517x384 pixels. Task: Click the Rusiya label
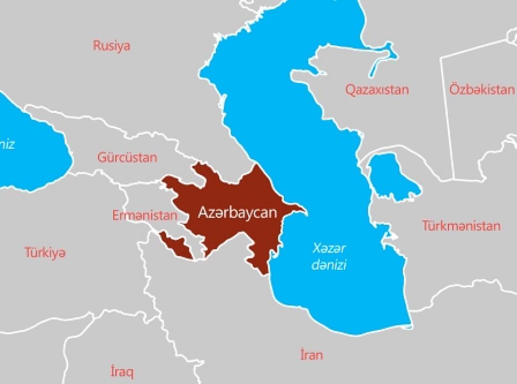pyautogui.click(x=111, y=46)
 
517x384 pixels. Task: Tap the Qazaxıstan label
pyautogui.click(x=377, y=90)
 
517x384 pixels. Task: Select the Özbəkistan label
pyautogui.click(x=482, y=90)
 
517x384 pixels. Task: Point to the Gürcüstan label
pyautogui.click(x=127, y=157)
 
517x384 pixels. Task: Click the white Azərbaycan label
pyautogui.click(x=237, y=212)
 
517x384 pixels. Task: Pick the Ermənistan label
pyautogui.click(x=144, y=216)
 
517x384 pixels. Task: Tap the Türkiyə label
pyautogui.click(x=45, y=252)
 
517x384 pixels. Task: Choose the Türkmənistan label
pyautogui.click(x=461, y=225)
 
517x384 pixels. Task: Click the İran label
pyautogui.click(x=312, y=354)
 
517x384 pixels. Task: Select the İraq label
pyautogui.click(x=122, y=371)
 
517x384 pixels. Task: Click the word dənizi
pyautogui.click(x=329, y=266)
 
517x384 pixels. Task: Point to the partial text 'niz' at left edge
pyautogui.click(x=7, y=144)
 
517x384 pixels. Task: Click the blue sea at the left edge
pyautogui.click(x=31, y=154)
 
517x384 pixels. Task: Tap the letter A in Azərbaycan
pyautogui.click(x=203, y=212)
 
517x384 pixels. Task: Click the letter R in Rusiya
pyautogui.click(x=96, y=46)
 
